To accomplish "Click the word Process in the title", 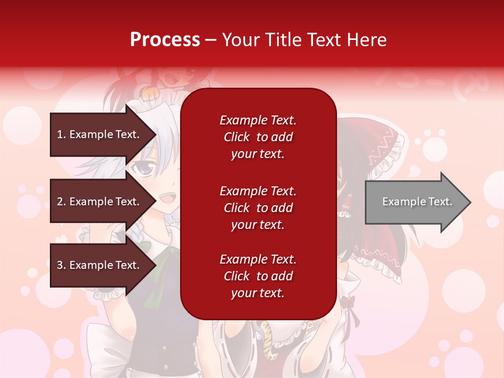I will (165, 39).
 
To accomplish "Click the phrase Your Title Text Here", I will (304, 39).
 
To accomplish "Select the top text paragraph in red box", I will (258, 137).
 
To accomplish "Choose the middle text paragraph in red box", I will (258, 208).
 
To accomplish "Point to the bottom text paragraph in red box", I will (258, 276).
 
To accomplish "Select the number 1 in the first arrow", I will (59, 134).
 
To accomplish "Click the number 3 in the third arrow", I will (60, 265).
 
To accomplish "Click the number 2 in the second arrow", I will (60, 202).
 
